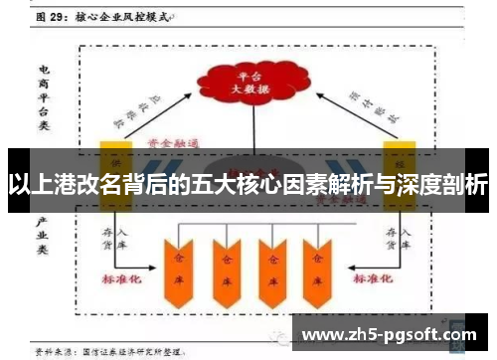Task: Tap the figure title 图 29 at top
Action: tap(56, 17)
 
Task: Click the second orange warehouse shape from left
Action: tap(225, 261)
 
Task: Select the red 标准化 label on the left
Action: tap(123, 281)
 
